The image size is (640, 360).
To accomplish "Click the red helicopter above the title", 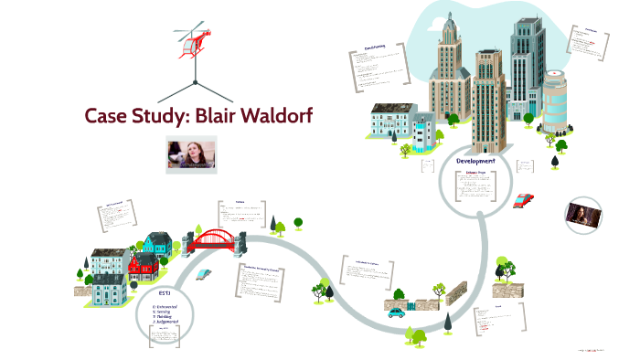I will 193,41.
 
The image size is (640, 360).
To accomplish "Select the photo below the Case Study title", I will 189,154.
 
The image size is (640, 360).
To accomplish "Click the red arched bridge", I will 215,239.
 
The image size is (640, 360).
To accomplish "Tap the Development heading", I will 475,161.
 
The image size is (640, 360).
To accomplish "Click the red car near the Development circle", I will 524,199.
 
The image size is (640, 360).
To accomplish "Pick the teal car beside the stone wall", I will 396,312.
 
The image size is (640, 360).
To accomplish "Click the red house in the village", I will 141,266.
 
